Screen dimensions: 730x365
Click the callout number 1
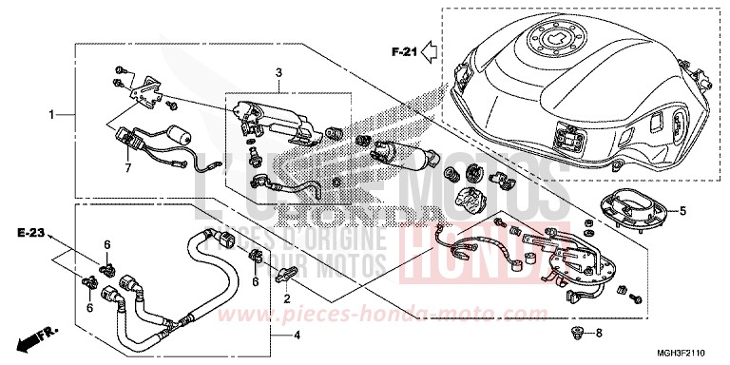pos(52,115)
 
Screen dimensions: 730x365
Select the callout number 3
pos(279,72)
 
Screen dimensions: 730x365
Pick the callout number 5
pos(682,209)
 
